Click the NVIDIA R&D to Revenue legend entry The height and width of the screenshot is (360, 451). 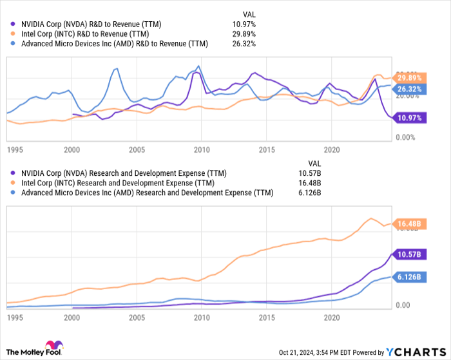(x=90, y=24)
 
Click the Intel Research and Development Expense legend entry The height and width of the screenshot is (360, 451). (x=117, y=183)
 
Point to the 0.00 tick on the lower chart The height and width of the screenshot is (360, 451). (x=403, y=305)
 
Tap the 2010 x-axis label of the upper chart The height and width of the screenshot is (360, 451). (x=202, y=150)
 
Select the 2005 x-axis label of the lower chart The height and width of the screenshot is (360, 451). (x=137, y=317)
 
